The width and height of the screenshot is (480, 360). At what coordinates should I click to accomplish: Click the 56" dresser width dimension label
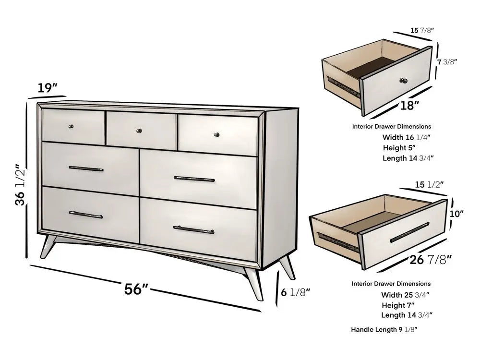(x=136, y=289)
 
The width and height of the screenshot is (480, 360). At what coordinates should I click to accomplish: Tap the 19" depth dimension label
(x=48, y=88)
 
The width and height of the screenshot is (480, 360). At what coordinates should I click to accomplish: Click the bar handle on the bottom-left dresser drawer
(x=85, y=215)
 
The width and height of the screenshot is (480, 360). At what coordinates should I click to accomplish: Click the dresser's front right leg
(x=253, y=282)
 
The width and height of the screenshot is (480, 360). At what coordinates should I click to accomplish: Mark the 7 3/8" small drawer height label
(x=447, y=61)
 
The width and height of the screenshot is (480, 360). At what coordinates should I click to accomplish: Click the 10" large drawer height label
(x=457, y=214)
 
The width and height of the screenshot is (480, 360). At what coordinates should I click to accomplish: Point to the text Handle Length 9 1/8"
(x=384, y=330)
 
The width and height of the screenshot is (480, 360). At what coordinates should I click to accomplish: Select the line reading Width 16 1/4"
(x=406, y=137)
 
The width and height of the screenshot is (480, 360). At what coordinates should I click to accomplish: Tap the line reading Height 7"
(x=398, y=305)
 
